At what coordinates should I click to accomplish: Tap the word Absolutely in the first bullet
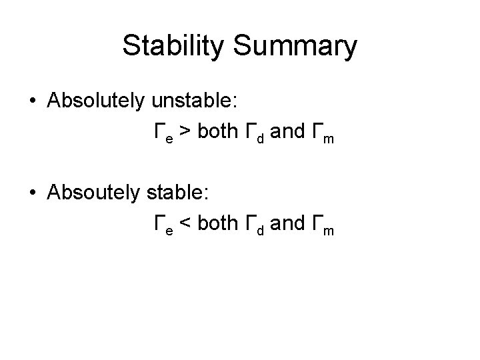[97, 101]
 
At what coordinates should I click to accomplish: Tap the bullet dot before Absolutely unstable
[33, 101]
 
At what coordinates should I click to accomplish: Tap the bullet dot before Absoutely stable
[33, 194]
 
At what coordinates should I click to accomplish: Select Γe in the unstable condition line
[163, 133]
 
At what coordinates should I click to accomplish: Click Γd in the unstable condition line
[256, 133]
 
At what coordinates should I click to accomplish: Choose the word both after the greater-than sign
[218, 132]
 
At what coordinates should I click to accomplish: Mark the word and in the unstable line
[288, 132]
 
